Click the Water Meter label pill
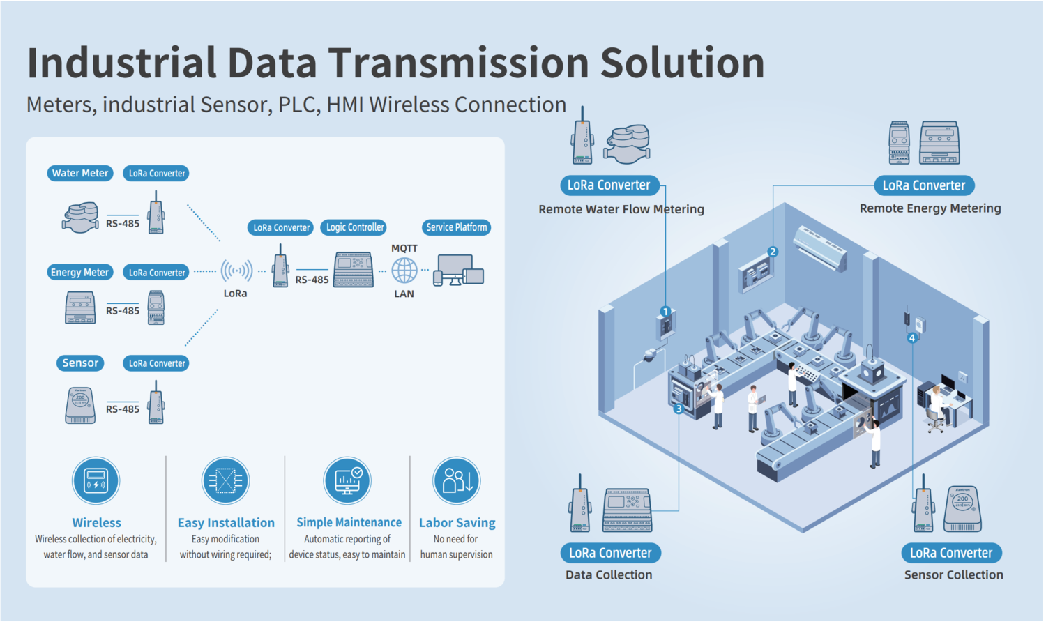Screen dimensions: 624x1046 [80, 173]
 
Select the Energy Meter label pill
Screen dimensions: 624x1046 [79, 273]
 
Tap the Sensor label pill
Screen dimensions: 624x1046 [80, 363]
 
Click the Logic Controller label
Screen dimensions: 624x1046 [355, 227]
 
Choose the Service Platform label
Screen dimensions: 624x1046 [456, 227]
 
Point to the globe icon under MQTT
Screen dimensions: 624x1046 [404, 271]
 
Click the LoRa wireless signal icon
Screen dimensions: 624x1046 [236, 271]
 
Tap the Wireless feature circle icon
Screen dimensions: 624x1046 [96, 480]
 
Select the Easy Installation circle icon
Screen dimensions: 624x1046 [225, 480]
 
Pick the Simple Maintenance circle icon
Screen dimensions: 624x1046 [347, 480]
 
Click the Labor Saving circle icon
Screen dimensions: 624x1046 [457, 480]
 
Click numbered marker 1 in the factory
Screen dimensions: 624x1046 [665, 312]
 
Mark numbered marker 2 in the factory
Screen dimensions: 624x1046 [773, 252]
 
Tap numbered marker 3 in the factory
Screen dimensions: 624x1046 [679, 409]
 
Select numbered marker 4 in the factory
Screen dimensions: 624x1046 [912, 338]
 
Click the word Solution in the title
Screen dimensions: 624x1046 [682, 63]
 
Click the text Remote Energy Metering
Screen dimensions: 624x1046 [930, 208]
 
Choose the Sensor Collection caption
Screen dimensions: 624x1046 [953, 575]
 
